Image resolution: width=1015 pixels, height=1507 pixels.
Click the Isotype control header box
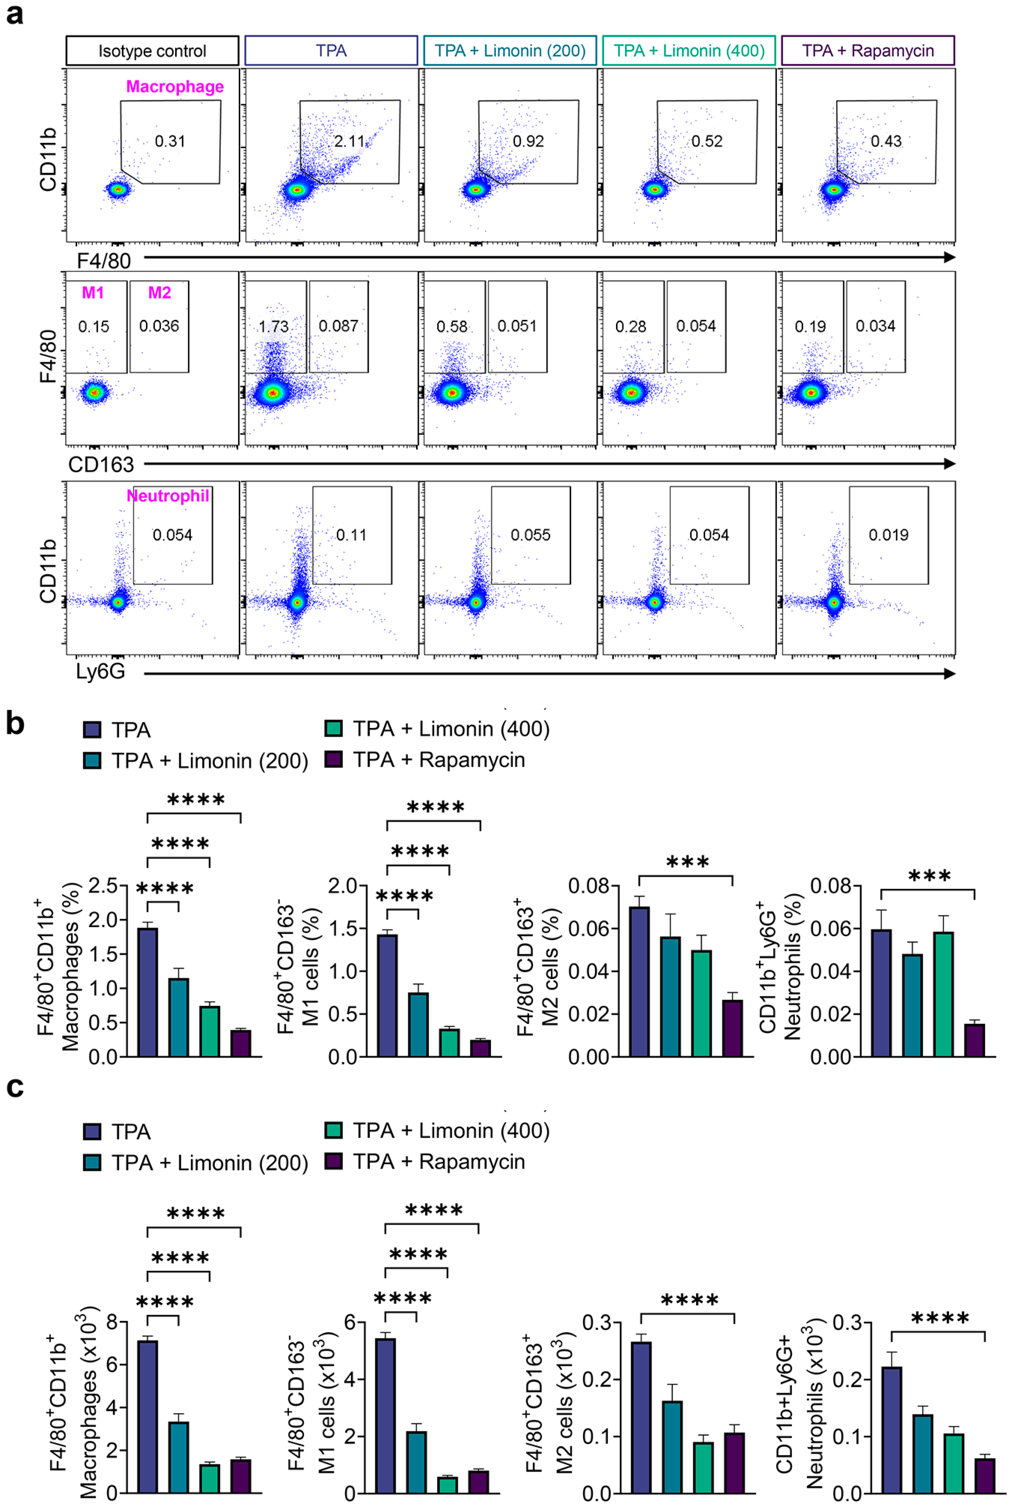tap(152, 51)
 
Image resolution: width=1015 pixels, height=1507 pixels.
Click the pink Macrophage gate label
tap(175, 87)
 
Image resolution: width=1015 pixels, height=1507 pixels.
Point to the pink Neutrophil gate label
tap(168, 496)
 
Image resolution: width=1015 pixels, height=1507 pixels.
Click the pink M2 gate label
tap(159, 293)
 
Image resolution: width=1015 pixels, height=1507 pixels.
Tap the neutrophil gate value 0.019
tap(888, 535)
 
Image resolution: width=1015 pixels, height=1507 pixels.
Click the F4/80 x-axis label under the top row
tap(104, 261)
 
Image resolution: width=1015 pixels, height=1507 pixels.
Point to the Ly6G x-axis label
tap(100, 671)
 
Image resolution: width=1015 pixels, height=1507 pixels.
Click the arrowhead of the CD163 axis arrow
tap(950, 463)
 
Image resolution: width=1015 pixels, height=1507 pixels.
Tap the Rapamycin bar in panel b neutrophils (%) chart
tap(974, 1040)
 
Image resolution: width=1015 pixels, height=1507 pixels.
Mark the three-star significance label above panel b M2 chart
tap(687, 862)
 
